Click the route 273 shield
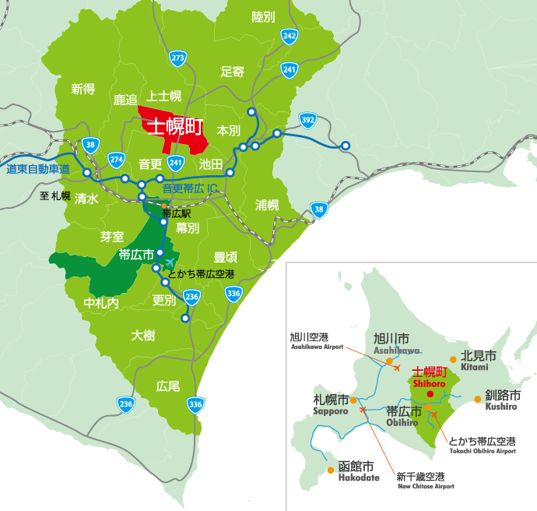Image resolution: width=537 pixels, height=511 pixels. [178, 58]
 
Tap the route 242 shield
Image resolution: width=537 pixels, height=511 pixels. [290, 36]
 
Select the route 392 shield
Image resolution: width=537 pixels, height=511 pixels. [307, 119]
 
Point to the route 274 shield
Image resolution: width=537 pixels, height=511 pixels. [116, 159]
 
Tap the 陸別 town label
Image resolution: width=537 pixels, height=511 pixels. [264, 16]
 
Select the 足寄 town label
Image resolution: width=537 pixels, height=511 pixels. [232, 72]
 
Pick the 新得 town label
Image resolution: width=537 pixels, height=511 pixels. [82, 89]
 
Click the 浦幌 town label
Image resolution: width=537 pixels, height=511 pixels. [267, 205]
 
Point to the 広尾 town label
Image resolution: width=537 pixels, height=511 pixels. [168, 386]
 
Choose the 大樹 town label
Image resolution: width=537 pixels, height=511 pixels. [143, 335]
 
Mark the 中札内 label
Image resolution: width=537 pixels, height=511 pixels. [101, 302]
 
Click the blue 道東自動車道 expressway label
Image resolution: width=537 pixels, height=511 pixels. [37, 169]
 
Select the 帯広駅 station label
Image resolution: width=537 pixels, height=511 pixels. [177, 212]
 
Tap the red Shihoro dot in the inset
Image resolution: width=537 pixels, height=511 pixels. [430, 394]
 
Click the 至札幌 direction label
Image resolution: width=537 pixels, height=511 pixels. [55, 196]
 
